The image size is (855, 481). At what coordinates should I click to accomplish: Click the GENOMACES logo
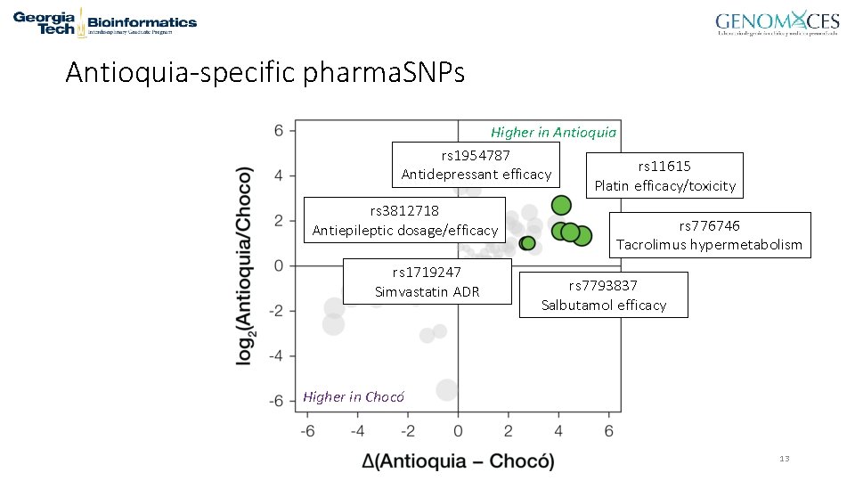coord(777,24)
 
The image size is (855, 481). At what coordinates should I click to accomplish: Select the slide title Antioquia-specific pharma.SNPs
coord(265,72)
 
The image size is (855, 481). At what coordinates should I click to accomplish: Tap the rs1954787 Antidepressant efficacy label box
coord(476,165)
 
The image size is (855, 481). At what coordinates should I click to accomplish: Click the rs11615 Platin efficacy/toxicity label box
coord(664,175)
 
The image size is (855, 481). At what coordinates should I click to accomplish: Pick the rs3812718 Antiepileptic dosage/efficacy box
coord(404,220)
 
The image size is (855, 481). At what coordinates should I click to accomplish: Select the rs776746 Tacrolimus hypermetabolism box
coord(709,235)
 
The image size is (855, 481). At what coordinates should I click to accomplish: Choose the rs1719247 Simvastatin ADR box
coord(427,281)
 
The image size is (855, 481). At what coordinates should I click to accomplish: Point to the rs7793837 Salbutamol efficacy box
coord(603,295)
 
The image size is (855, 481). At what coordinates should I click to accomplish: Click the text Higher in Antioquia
coord(553,132)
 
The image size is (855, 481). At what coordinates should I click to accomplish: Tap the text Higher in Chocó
coord(354,396)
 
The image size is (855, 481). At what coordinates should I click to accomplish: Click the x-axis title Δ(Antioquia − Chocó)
coord(458,461)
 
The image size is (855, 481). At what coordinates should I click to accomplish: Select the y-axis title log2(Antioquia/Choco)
coord(245,265)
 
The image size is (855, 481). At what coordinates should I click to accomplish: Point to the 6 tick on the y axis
coord(279,130)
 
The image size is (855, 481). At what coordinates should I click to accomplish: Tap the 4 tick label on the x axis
coord(558,431)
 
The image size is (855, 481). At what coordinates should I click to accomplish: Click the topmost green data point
coord(560,205)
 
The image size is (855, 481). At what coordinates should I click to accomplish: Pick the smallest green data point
coord(527,243)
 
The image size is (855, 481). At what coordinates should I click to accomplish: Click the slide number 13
coord(784,459)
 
